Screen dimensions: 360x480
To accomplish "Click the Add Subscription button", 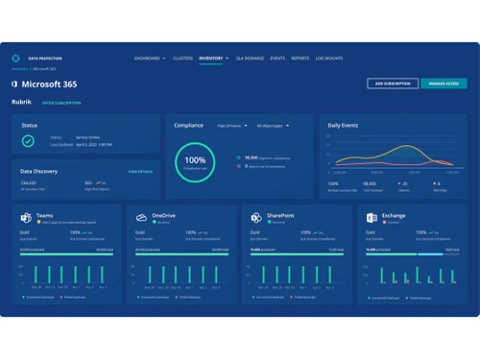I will pyautogui.click(x=393, y=84).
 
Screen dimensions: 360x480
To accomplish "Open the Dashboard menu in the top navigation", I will pyautogui.click(x=150, y=59).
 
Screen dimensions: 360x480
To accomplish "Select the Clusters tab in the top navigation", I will pyautogui.click(x=181, y=59).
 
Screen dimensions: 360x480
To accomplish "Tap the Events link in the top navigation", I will pyautogui.click(x=278, y=59).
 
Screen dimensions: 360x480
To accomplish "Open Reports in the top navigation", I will pyautogui.click(x=300, y=59).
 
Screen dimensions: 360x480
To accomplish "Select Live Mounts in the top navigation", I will pyautogui.click(x=330, y=59).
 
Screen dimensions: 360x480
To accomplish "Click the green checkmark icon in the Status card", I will pyautogui.click(x=29, y=140).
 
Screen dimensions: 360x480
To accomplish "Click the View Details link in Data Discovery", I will pyautogui.click(x=140, y=171).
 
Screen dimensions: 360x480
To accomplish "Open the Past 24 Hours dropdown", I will pyautogui.click(x=233, y=126).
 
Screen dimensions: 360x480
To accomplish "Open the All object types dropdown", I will pyautogui.click(x=273, y=126).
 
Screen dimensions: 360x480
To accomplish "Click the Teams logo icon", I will pyautogui.click(x=26, y=218).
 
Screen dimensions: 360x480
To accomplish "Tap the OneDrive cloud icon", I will pyautogui.click(x=141, y=218).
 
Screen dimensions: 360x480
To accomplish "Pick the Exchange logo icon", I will pyautogui.click(x=372, y=218).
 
